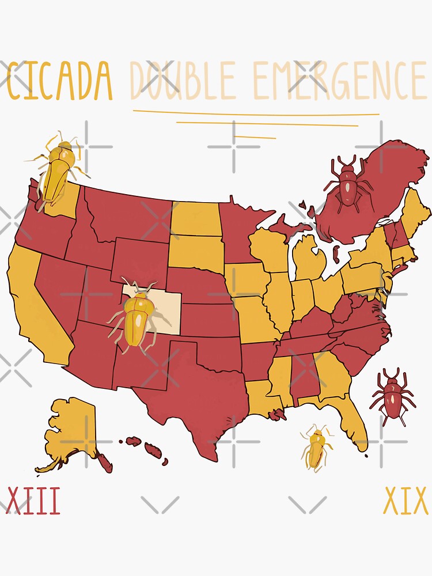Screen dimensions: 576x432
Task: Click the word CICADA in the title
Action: tap(59, 81)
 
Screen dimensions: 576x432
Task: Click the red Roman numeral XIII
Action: tap(33, 501)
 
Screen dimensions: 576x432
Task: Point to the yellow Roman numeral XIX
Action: tap(406, 501)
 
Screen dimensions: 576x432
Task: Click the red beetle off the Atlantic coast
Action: tap(393, 395)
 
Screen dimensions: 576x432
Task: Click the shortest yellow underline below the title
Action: tap(255, 137)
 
